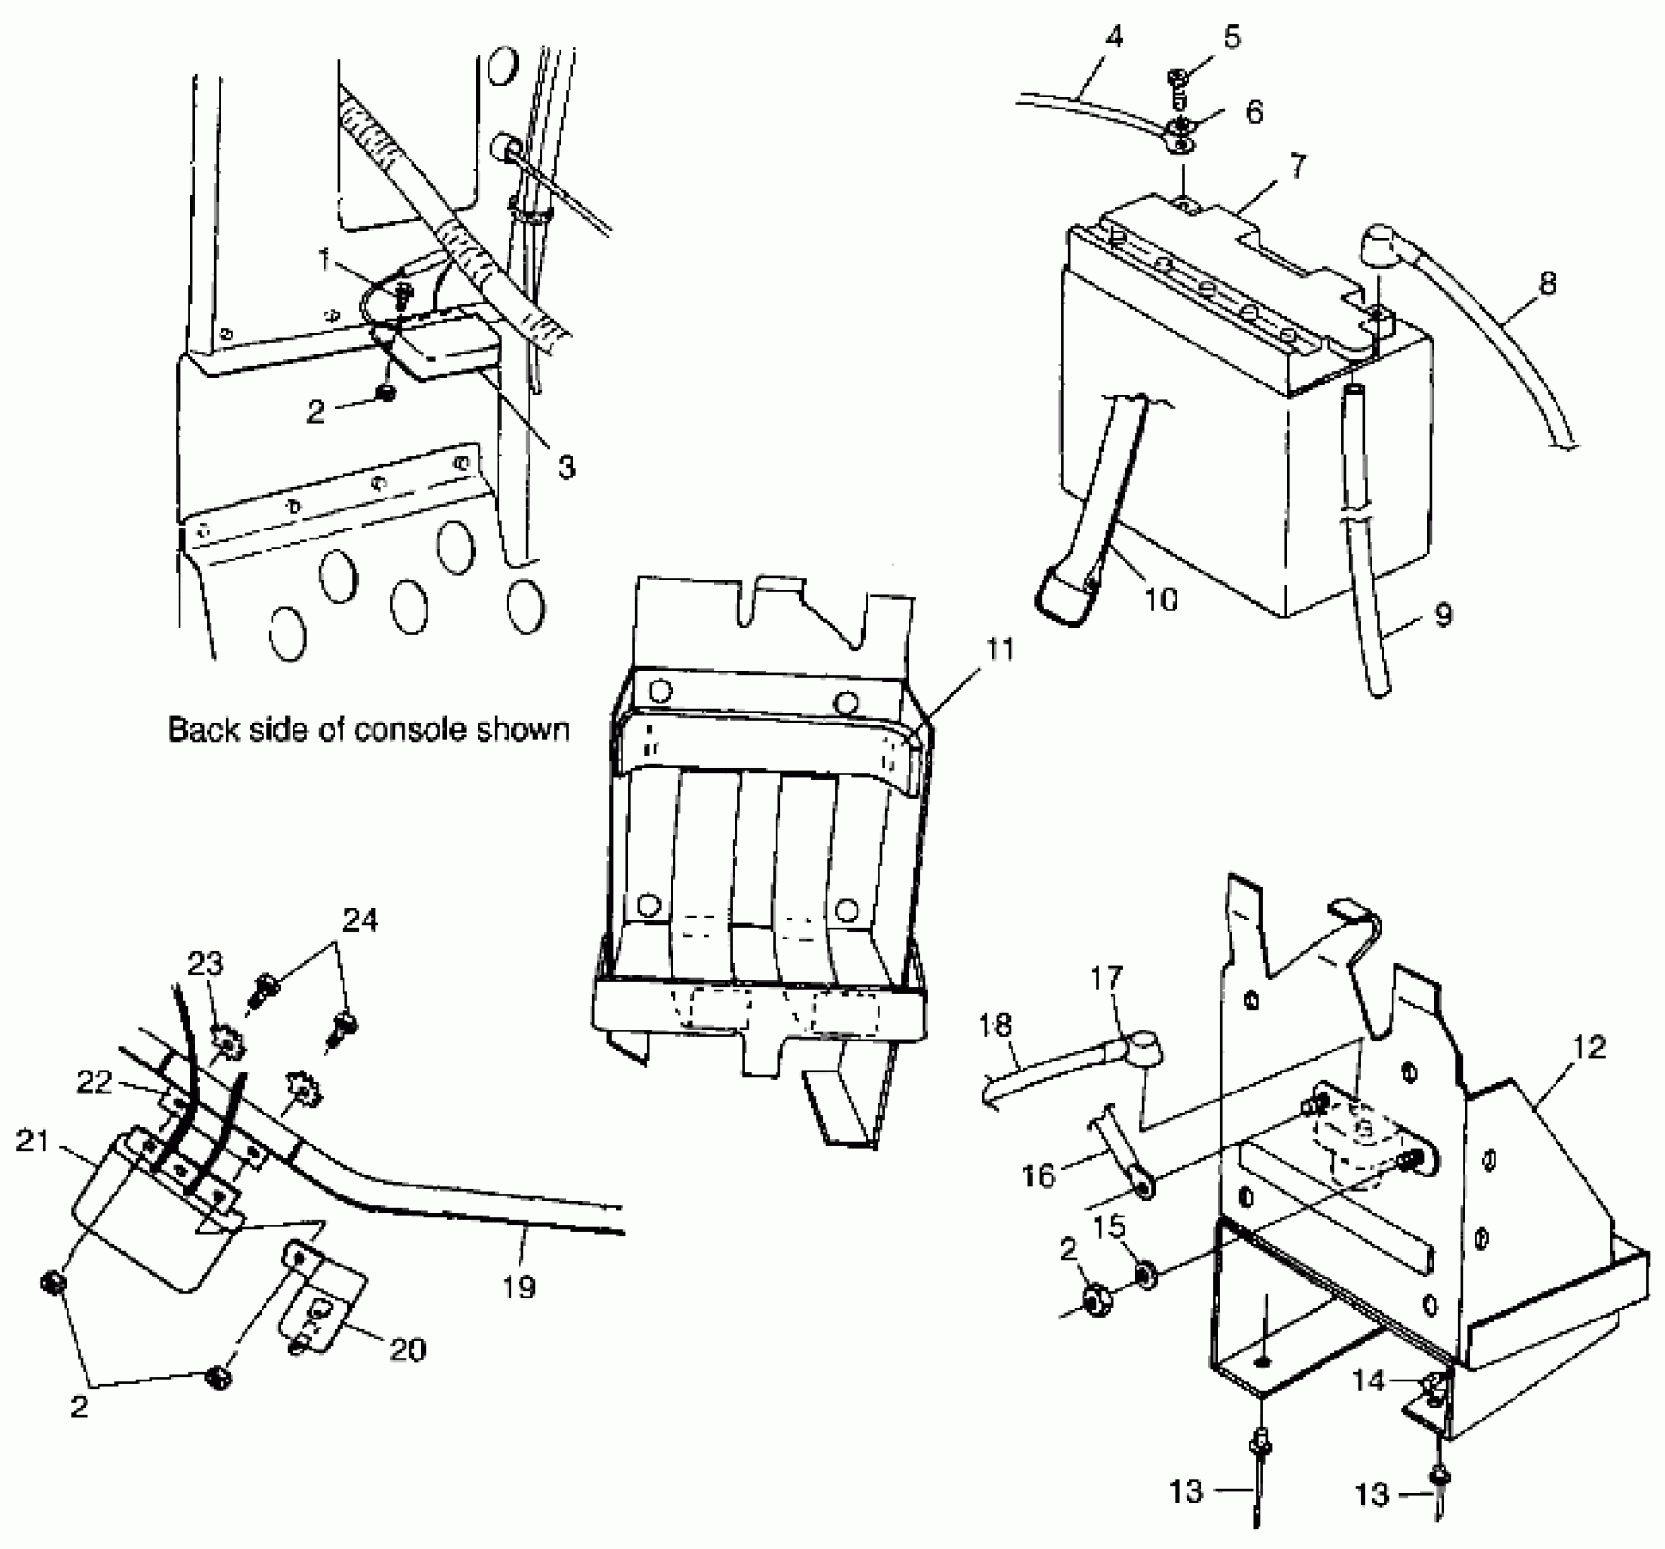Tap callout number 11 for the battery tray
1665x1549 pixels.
(1000, 649)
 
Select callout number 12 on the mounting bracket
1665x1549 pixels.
(1589, 1048)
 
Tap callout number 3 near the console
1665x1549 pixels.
(566, 467)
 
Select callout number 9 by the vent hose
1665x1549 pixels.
(1443, 615)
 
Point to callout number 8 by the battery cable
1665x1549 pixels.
(1547, 284)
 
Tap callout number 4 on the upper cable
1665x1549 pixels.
(1113, 38)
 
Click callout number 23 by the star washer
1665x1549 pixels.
(206, 963)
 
